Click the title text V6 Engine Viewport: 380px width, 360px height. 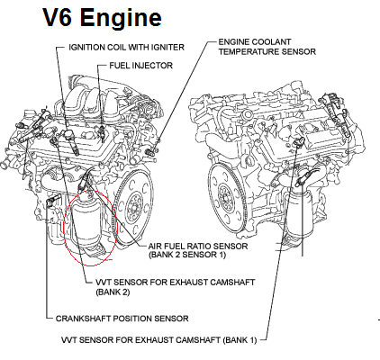[x=89, y=18]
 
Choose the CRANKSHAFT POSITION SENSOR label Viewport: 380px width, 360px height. [x=122, y=318]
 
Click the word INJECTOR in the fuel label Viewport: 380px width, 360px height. [x=154, y=66]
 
